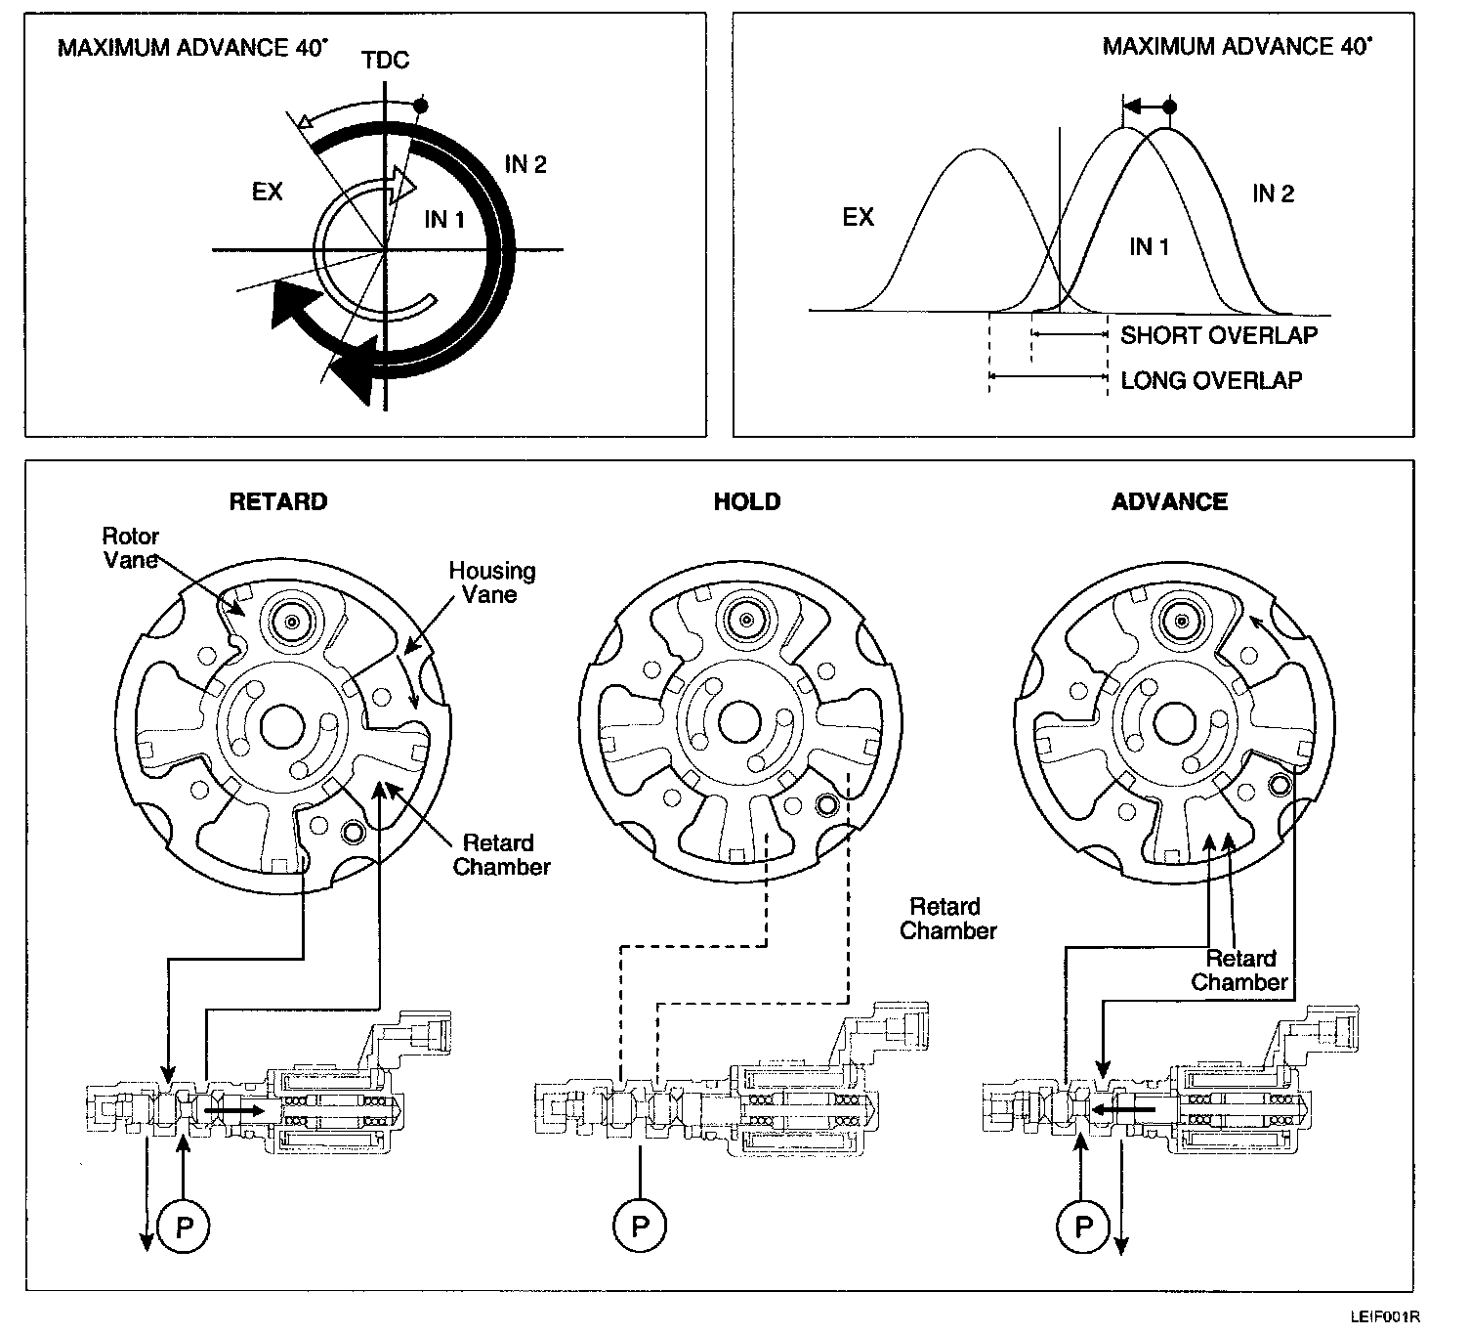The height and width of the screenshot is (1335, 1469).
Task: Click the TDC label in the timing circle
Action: pyautogui.click(x=385, y=61)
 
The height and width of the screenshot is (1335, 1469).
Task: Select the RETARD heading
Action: pyautogui.click(x=278, y=501)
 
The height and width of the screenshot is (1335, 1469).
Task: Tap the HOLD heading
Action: pyautogui.click(x=747, y=501)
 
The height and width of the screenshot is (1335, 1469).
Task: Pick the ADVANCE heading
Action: pyautogui.click(x=1169, y=501)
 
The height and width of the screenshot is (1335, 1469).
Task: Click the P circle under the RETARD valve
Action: pyautogui.click(x=184, y=1226)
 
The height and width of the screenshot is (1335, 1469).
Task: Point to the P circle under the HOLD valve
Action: pyautogui.click(x=640, y=1226)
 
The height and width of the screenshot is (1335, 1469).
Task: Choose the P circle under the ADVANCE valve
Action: pyautogui.click(x=1082, y=1226)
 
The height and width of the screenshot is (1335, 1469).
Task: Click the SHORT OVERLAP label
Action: pyautogui.click(x=1219, y=335)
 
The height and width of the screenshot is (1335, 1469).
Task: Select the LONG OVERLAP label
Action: pyautogui.click(x=1211, y=380)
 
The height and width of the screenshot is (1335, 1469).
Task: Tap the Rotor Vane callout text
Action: pyautogui.click(x=131, y=548)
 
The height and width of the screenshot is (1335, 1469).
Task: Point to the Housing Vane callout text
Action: pyautogui.click(x=492, y=582)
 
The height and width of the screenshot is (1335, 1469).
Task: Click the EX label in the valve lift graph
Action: pyautogui.click(x=858, y=217)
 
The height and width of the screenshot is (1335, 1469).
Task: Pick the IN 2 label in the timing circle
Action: pyautogui.click(x=525, y=164)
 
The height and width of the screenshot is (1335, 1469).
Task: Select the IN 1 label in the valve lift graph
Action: pyautogui.click(x=1149, y=246)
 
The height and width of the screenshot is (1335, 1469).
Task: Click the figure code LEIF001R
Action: pyautogui.click(x=1384, y=1318)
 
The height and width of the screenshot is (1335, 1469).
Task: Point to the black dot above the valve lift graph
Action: pyautogui.click(x=1170, y=107)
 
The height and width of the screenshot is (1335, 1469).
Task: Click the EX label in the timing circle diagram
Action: pyautogui.click(x=267, y=192)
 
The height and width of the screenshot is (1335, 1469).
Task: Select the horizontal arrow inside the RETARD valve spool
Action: pyautogui.click(x=234, y=1110)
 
